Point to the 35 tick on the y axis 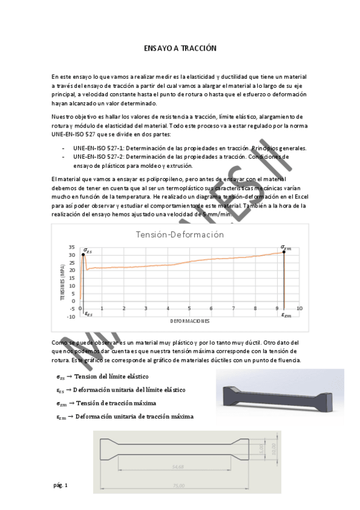click(x=72, y=247)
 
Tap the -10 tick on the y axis click(x=71, y=316)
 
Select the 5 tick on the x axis click(x=189, y=309)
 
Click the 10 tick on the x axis click(x=299, y=309)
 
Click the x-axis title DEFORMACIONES click(x=189, y=322)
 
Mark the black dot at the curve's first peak click(x=83, y=255)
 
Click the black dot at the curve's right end click(x=284, y=252)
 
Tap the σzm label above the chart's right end click(x=285, y=246)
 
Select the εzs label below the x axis click(x=88, y=314)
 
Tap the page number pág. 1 click(x=61, y=485)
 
